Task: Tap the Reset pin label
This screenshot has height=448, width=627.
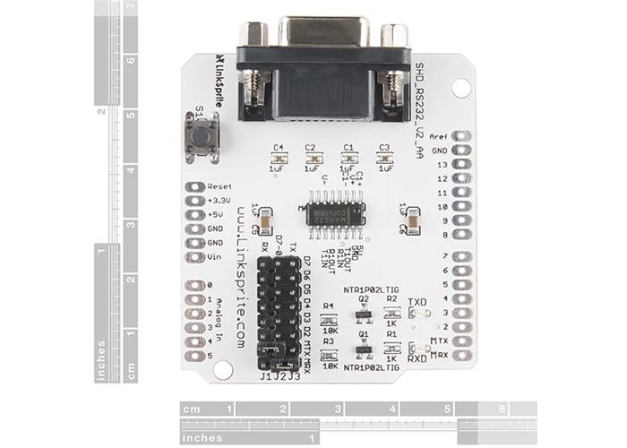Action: tap(219, 187)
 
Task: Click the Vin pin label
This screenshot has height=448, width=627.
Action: tap(214, 257)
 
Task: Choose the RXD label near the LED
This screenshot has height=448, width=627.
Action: tap(417, 358)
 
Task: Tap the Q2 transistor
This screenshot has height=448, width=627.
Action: tap(364, 314)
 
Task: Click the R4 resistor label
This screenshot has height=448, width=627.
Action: tap(328, 306)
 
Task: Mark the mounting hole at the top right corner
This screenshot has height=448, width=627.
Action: tap(460, 88)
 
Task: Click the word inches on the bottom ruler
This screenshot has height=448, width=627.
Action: tap(202, 438)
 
